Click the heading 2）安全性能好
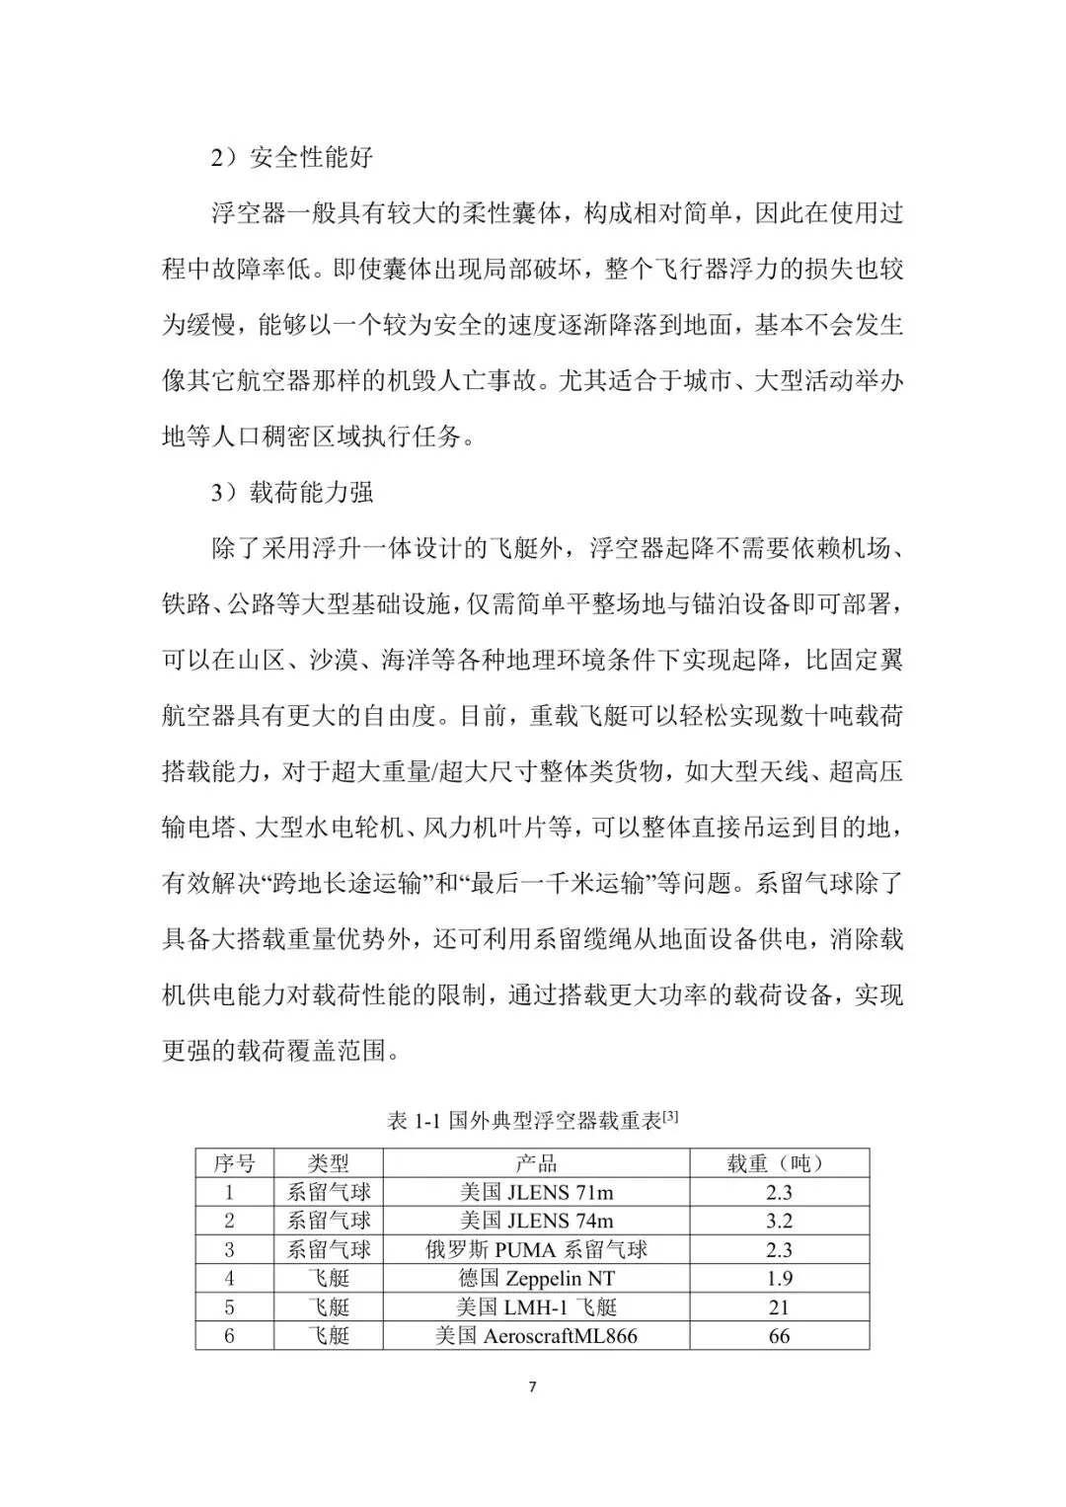click(292, 157)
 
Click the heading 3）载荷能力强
click(292, 492)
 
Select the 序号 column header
click(234, 1163)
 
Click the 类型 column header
click(328, 1163)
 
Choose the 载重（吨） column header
click(778, 1163)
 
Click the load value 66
click(779, 1336)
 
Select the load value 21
click(779, 1308)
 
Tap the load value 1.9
click(779, 1278)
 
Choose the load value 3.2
click(779, 1221)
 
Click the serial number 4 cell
click(230, 1278)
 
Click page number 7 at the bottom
click(533, 1388)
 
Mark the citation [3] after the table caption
click(670, 1117)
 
